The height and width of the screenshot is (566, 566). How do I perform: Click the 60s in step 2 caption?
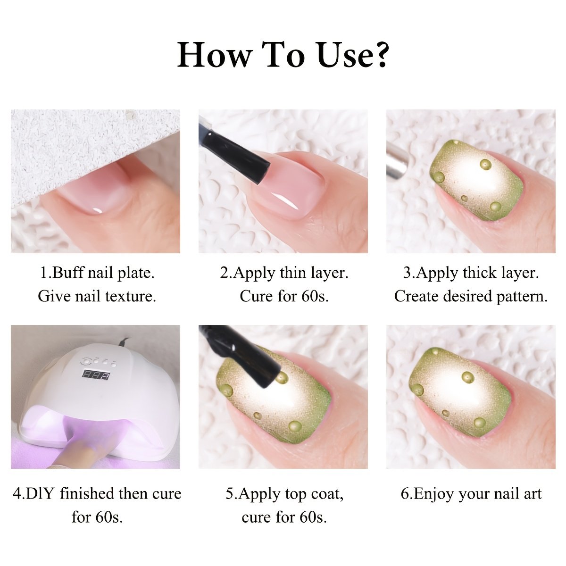pyautogui.click(x=315, y=296)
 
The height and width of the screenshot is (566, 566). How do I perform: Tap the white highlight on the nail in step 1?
pyautogui.click(x=98, y=210)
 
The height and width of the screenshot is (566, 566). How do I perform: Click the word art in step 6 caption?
pyautogui.click(x=532, y=494)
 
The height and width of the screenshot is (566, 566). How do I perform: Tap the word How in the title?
pyautogui.click(x=215, y=55)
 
